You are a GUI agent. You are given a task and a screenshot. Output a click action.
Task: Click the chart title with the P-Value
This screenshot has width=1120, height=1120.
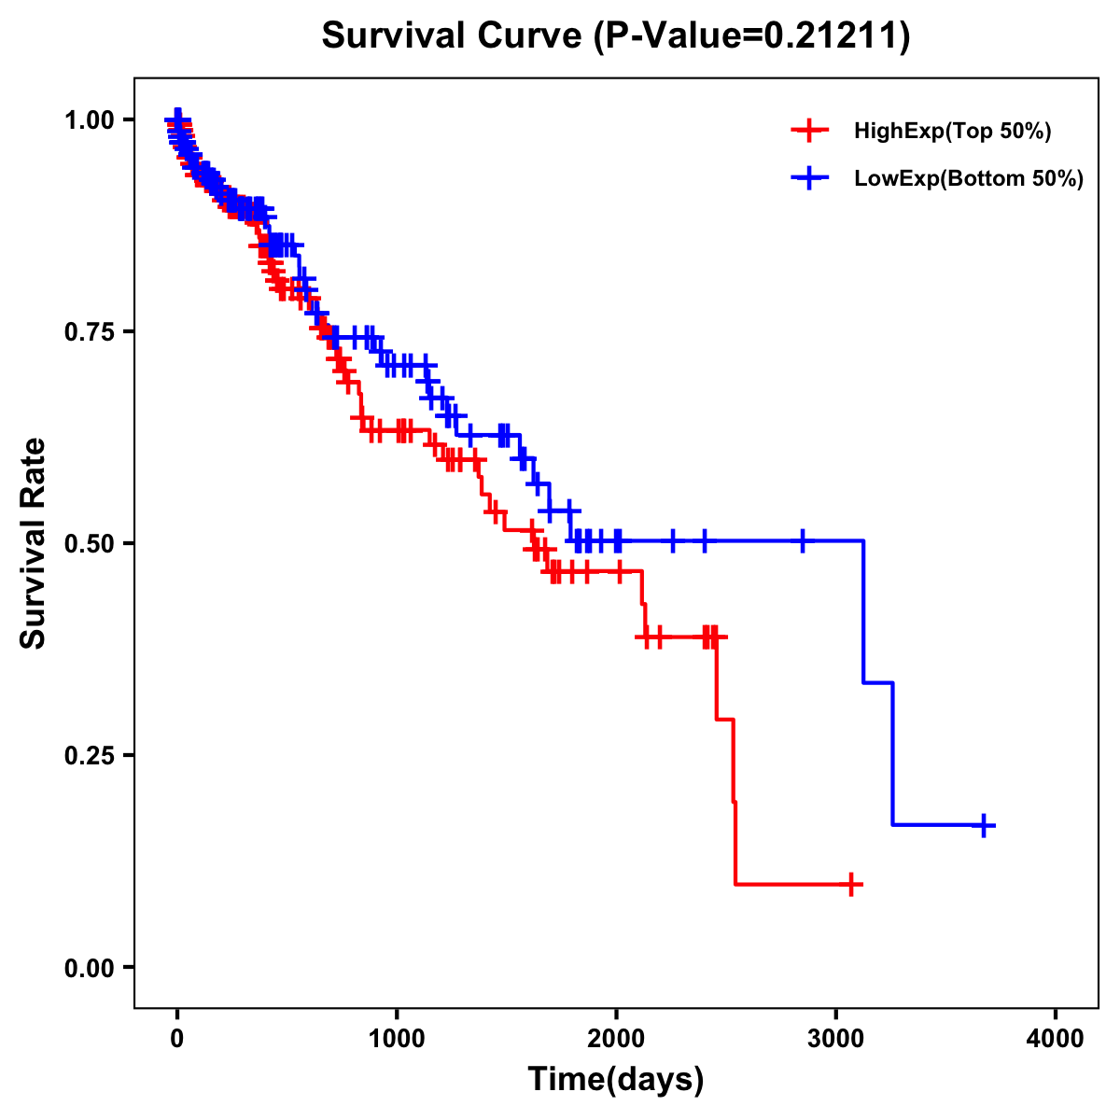tap(615, 36)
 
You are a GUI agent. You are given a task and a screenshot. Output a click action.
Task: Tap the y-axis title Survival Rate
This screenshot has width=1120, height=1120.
tap(34, 542)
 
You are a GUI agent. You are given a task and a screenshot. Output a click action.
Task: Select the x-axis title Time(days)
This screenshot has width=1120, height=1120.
tap(615, 1079)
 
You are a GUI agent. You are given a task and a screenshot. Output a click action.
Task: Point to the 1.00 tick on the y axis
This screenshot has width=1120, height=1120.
tap(91, 120)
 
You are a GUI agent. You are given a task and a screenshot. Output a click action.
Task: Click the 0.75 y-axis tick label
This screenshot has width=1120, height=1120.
tap(91, 332)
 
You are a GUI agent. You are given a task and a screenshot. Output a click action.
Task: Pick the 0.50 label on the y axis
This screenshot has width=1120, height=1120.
tap(91, 543)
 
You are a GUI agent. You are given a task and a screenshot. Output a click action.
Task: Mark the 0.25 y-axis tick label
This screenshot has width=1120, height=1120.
tap(91, 755)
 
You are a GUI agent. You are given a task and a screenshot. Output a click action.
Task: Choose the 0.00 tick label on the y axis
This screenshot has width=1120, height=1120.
tap(91, 967)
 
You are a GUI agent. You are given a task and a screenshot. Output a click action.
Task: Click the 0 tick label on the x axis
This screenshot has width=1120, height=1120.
tap(177, 1038)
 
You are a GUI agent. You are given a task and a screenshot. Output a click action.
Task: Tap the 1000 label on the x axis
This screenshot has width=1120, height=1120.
tap(397, 1038)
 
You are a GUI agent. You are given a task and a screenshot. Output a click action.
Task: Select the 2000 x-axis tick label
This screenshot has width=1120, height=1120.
tap(616, 1038)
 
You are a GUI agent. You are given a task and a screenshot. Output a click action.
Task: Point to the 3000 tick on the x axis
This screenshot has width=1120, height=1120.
tap(836, 1038)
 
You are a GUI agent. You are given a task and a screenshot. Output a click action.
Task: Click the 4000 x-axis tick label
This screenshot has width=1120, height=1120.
tap(1056, 1038)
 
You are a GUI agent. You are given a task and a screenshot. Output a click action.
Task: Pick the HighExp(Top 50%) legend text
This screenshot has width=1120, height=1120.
tap(952, 132)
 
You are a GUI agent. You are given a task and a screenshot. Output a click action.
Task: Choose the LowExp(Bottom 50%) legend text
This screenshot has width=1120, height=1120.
tap(969, 179)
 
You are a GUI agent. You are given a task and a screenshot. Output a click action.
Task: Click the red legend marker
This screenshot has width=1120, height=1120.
tap(809, 131)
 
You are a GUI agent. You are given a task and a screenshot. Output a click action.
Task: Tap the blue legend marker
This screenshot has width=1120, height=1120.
tap(809, 178)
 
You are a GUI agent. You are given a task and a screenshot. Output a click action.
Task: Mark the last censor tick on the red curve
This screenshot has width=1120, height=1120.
tap(851, 884)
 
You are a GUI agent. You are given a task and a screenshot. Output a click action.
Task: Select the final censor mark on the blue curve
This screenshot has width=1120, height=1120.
tap(984, 825)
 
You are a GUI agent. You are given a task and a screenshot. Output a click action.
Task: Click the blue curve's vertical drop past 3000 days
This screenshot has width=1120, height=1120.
tap(864, 611)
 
